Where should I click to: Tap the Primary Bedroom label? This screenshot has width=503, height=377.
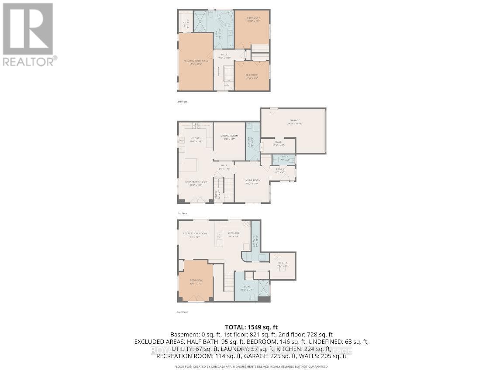195,62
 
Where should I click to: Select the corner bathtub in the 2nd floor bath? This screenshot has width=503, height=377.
225,20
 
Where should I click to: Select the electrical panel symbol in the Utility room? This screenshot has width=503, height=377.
278,257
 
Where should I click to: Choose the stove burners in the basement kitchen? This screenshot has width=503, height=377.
246,224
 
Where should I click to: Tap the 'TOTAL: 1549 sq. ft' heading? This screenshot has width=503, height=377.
251,327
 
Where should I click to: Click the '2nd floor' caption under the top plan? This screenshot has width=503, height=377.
183,101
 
